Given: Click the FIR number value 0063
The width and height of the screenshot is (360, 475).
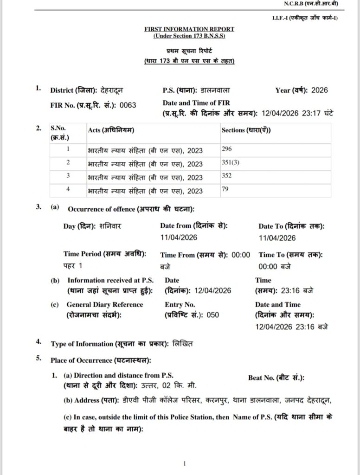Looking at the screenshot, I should (128, 105).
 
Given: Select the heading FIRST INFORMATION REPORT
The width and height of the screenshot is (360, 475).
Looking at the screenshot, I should (189, 29).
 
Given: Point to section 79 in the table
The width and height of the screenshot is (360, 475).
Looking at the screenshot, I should (225, 189).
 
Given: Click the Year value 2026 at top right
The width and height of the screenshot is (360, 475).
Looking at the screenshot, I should (319, 90).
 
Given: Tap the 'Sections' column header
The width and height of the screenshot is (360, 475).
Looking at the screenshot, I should (246, 129).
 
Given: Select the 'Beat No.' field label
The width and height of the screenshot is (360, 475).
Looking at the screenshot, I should (276, 379).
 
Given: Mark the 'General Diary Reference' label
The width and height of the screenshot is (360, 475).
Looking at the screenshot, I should (105, 305).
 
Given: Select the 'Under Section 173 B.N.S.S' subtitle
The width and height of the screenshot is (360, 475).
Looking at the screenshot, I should (189, 36).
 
